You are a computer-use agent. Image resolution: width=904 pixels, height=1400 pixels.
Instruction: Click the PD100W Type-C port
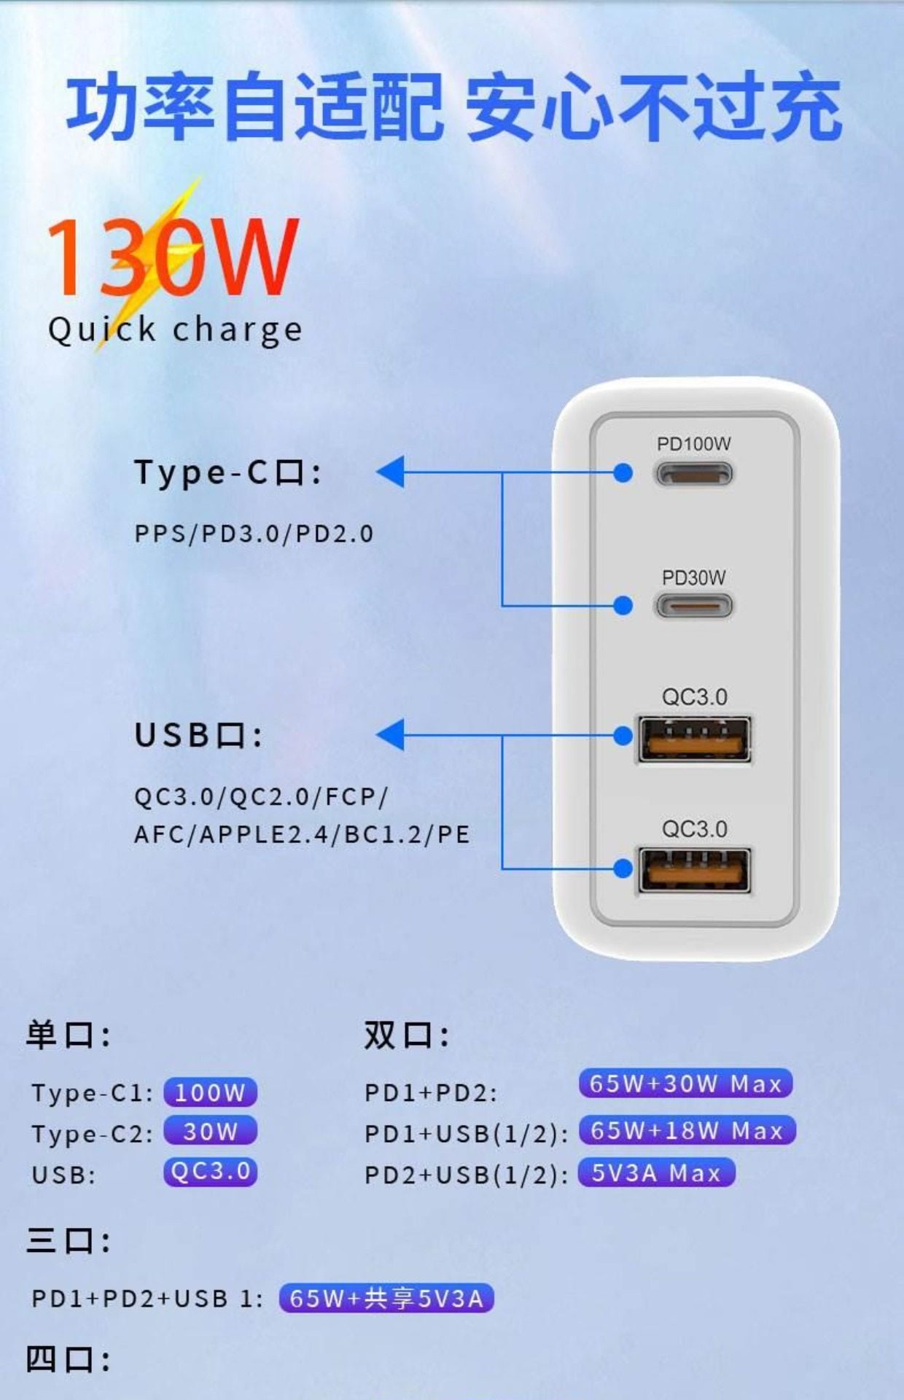(x=694, y=474)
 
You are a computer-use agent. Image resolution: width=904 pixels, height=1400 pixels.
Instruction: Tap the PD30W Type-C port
(x=694, y=606)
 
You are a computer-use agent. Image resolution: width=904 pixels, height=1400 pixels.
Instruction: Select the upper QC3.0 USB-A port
(x=694, y=740)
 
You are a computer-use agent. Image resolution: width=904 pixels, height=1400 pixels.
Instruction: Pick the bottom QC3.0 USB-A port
(x=694, y=871)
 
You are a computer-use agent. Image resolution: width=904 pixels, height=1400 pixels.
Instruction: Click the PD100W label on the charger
(x=693, y=443)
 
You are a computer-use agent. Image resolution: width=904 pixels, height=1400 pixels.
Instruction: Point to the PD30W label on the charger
(x=693, y=577)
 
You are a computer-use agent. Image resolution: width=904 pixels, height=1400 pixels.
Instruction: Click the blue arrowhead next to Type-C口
(x=391, y=472)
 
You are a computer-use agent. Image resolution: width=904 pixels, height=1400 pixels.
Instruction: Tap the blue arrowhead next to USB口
(x=391, y=734)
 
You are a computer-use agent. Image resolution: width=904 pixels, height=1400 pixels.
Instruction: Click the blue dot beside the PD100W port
(x=623, y=473)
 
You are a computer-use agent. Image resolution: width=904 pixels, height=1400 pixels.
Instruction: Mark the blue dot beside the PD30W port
(x=623, y=605)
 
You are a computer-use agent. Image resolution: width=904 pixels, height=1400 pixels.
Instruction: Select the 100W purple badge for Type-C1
(x=210, y=1092)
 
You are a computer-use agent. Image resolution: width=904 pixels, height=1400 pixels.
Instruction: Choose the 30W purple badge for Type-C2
(x=210, y=1131)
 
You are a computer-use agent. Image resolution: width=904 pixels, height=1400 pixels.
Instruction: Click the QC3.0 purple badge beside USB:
(x=210, y=1171)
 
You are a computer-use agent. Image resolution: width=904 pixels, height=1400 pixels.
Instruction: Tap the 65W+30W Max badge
(x=685, y=1084)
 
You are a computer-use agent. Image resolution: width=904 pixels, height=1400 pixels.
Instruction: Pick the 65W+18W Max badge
(x=687, y=1130)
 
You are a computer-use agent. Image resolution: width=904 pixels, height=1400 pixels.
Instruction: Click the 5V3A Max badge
(x=656, y=1172)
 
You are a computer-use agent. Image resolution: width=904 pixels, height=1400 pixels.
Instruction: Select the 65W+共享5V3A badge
(x=386, y=1298)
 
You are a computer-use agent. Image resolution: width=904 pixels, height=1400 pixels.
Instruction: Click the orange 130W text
(x=172, y=257)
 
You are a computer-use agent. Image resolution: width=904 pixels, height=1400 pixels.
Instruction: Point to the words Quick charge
(x=175, y=330)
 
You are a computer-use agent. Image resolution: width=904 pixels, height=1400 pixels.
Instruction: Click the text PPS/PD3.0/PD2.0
(x=254, y=534)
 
